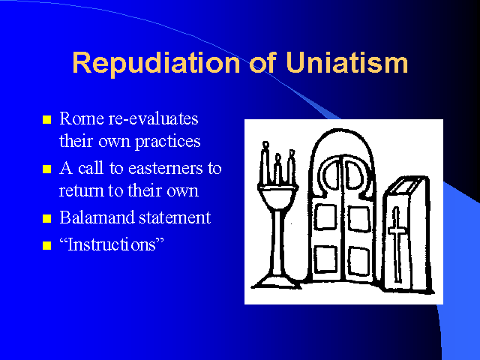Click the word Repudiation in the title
156,63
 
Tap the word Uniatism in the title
346,62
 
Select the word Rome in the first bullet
82,118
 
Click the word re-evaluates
153,118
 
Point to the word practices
168,142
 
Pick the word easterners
165,168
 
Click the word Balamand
97,217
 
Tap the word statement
175,218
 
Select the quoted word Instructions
112,244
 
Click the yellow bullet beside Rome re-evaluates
46,119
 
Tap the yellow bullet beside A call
46,169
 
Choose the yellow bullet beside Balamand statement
46,218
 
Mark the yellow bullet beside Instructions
46,245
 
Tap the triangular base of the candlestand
276,283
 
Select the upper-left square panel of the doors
325,217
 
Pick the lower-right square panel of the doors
359,259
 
